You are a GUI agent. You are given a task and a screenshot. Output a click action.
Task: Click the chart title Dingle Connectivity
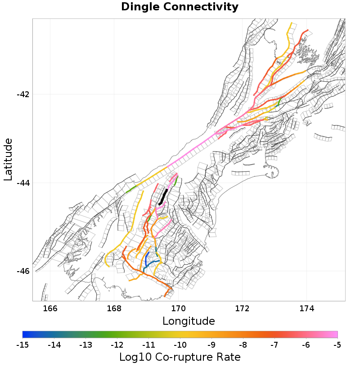coord(180,7)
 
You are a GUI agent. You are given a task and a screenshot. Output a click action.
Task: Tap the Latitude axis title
coord(8,160)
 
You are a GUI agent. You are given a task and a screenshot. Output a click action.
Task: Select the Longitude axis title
coord(189,321)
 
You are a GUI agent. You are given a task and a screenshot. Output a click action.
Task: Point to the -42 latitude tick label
coord(23,94)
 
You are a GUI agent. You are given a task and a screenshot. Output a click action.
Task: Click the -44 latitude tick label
coord(23,183)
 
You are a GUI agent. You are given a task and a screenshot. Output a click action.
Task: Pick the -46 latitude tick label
coord(23,271)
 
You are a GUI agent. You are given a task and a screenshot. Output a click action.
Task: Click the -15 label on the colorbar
coord(22,345)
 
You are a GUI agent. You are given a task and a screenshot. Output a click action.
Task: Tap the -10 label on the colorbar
coord(180,345)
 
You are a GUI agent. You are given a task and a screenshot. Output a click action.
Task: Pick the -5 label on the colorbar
coord(337,345)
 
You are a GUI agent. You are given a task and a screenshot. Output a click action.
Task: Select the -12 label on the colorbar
coord(117,345)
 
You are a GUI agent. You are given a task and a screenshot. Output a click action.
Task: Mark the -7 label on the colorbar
coord(274,345)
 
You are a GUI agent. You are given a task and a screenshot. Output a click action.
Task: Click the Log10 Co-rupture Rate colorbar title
coord(180,357)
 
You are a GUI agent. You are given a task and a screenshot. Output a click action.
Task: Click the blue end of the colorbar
coord(24,334)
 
